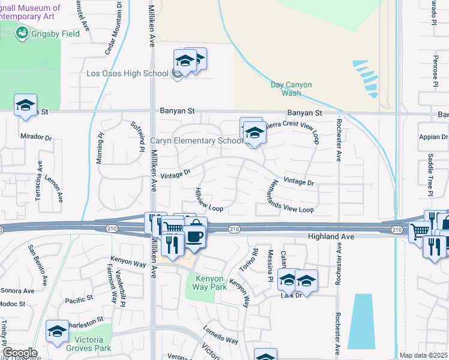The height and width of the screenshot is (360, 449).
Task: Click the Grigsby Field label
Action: pos(55,34)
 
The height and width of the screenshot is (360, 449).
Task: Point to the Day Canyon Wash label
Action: pos(291,89)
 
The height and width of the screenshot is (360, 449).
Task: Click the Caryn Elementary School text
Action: pos(196,141)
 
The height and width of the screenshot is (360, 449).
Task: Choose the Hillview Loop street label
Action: pos(208,200)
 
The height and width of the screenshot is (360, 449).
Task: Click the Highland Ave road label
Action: pos(331,237)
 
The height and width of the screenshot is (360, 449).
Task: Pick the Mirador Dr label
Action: pos(37,137)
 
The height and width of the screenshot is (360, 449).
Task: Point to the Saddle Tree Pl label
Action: pos(430,175)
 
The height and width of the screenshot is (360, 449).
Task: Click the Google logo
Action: pos(20,353)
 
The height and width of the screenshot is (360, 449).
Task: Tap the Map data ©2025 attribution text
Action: pos(423,355)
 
